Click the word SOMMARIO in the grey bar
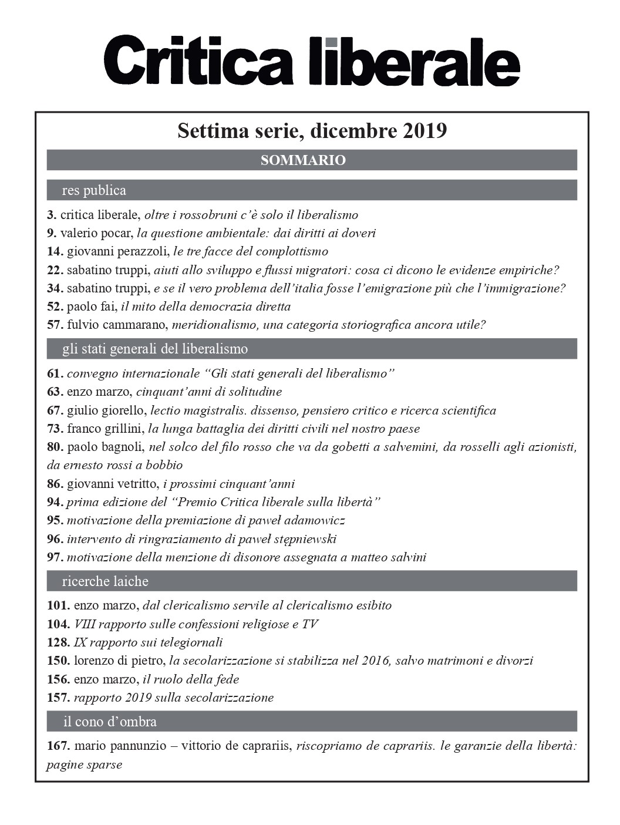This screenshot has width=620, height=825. tap(303, 160)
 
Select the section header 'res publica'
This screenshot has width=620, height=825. tap(94, 190)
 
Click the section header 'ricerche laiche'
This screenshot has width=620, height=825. tap(105, 581)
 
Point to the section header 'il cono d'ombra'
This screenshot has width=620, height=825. tap(110, 721)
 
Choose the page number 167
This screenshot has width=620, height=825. tap(58, 746)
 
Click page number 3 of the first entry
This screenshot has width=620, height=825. tap(51, 215)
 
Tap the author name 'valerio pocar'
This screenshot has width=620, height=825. tap(96, 233)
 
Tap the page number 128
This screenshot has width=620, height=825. tap(58, 642)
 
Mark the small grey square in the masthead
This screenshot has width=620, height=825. tap(332, 42)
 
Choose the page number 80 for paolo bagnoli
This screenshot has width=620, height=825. tap(55, 447)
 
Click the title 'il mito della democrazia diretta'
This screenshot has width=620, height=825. tap(205, 307)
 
